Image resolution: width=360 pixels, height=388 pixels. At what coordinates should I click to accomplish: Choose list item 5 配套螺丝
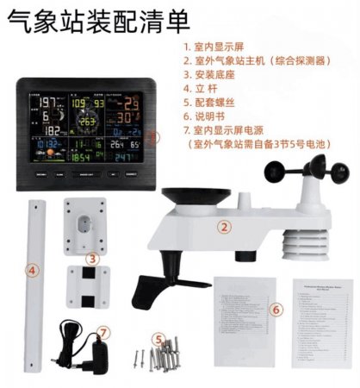[215, 109]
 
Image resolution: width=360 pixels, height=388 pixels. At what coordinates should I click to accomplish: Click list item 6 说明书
[211, 124]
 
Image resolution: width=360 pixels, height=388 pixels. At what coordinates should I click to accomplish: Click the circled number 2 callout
[224, 228]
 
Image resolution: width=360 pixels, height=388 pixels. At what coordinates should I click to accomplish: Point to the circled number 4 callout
[33, 271]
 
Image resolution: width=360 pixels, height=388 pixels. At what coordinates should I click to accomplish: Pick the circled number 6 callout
[276, 309]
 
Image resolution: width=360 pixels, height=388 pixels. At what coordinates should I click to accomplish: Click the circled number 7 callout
[103, 330]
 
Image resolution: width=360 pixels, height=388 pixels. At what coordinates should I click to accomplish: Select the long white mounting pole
[38, 285]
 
